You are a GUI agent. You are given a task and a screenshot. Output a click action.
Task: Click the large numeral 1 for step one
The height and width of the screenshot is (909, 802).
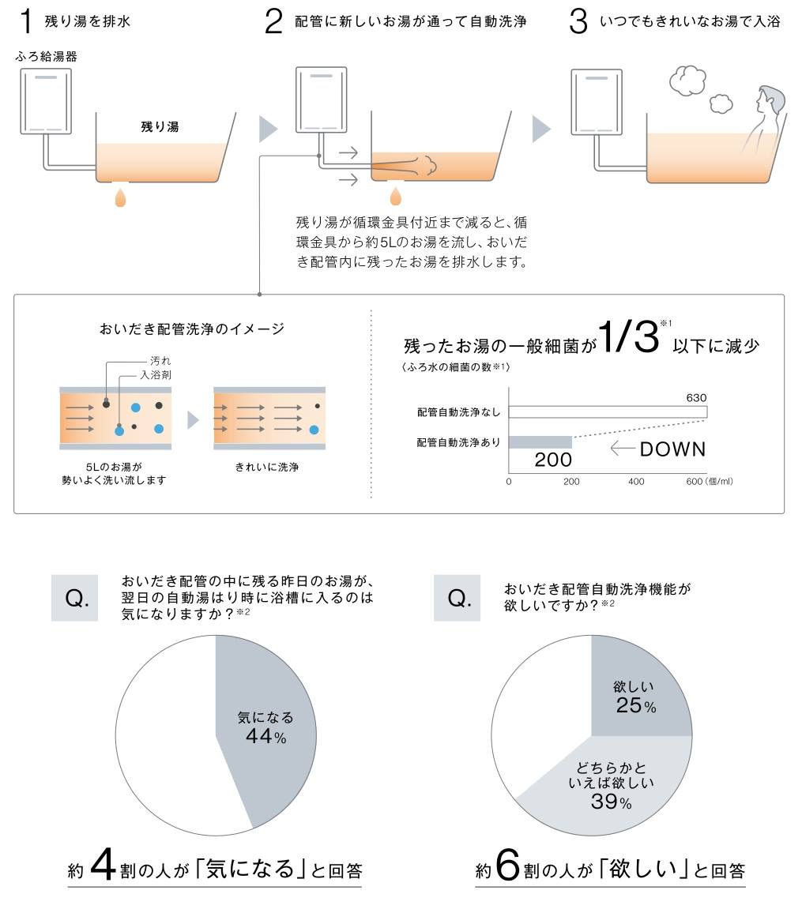pos(25,21)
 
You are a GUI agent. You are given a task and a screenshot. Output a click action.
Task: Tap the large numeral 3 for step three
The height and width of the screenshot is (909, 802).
pos(578,21)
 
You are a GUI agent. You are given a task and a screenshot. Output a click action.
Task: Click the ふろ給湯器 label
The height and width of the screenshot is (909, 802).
pos(47,56)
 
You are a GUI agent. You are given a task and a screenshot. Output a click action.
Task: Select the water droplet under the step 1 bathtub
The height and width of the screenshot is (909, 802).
pos(121,197)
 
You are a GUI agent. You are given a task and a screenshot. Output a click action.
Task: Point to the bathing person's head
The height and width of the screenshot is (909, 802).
pos(770,100)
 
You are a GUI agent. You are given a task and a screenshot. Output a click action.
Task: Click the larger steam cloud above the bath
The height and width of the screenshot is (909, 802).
pos(687,80)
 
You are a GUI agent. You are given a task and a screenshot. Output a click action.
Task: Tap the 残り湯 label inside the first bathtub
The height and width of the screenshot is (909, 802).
pos(160,126)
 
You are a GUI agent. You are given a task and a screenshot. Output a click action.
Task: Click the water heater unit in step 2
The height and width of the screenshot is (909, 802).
pos(322,100)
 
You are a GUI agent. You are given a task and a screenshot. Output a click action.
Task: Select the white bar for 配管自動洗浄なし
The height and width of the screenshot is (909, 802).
pos(608,412)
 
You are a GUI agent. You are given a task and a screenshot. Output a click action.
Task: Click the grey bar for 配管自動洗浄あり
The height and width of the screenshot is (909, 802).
pos(540,442)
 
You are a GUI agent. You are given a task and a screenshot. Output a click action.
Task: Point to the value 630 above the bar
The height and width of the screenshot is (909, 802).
pos(696,398)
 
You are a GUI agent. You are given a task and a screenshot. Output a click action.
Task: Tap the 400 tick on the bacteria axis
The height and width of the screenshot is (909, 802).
pos(636,481)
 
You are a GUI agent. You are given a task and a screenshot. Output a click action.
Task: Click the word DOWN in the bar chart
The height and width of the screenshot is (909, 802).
pos(672,449)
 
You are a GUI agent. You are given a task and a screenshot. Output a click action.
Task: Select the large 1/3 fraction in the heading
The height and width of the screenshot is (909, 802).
pos(629,336)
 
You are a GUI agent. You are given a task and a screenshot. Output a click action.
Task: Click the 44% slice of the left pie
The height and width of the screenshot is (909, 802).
pos(267,731)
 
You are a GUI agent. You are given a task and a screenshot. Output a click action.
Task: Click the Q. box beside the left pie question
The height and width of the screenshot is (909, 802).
pos(74,598)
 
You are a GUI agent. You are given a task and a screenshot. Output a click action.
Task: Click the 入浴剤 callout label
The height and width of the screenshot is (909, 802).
pos(156,375)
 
